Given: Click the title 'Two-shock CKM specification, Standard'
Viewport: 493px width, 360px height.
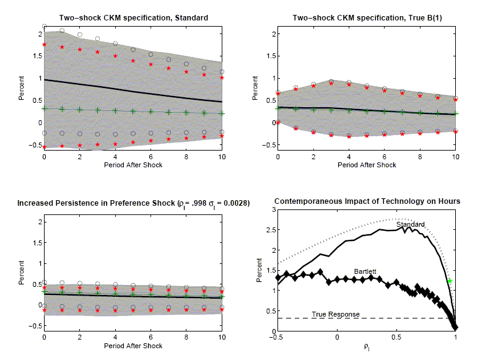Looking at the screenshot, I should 134,17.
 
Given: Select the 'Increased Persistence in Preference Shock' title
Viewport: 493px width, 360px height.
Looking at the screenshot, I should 133,203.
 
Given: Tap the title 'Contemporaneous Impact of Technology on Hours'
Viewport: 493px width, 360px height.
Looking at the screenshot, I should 367,203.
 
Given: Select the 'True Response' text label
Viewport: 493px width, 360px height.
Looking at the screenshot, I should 335,314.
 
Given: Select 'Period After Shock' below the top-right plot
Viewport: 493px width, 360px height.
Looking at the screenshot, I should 367,165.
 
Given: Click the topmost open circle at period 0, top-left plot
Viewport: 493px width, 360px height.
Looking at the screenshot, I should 44,27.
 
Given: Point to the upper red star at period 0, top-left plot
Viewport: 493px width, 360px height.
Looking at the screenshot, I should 44,45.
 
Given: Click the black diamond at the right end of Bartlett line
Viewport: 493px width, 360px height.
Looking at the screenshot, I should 455,327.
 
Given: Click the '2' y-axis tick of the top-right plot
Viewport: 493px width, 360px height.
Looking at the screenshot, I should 270,33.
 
